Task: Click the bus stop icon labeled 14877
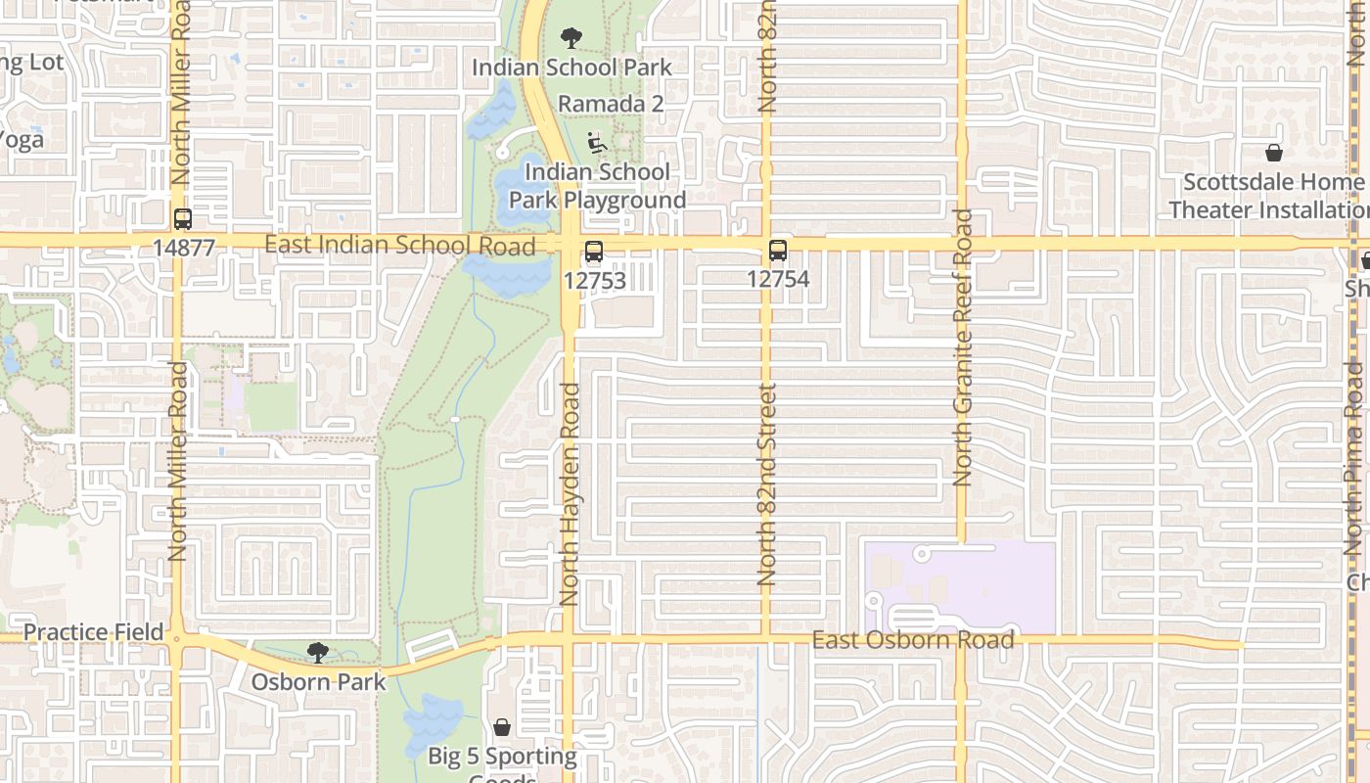click(x=183, y=219)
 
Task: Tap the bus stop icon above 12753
click(x=594, y=252)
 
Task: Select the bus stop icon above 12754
click(x=778, y=251)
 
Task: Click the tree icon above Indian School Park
click(x=571, y=39)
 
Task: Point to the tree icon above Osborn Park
click(x=317, y=653)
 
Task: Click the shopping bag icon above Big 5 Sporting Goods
click(x=502, y=727)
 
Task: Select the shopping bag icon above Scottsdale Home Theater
click(x=1274, y=153)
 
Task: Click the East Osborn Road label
click(x=912, y=640)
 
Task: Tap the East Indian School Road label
click(x=399, y=244)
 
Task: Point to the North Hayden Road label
click(x=571, y=494)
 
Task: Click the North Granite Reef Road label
click(x=963, y=347)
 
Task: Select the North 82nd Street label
click(x=767, y=484)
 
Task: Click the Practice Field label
click(x=93, y=632)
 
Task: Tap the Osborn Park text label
click(x=319, y=681)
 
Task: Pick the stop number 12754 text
click(x=778, y=279)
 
